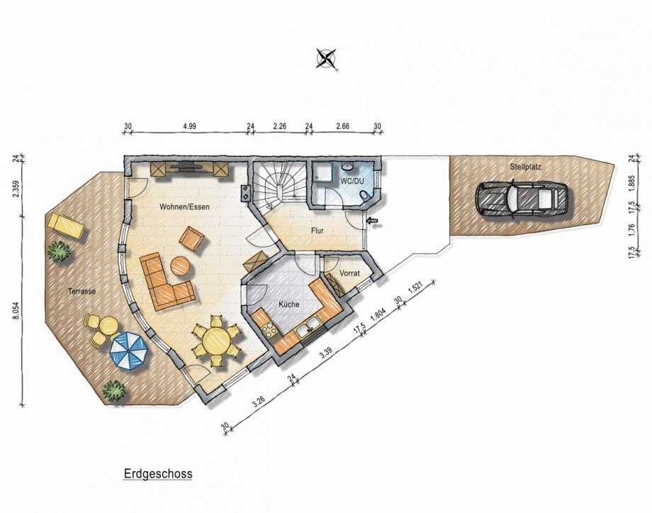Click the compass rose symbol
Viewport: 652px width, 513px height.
[327, 58]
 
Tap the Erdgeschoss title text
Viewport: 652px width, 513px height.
[158, 474]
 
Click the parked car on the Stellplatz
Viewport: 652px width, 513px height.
[522, 198]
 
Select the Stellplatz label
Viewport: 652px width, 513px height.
[526, 167]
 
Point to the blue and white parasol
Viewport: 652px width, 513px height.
[128, 350]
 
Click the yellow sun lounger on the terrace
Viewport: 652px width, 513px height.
[67, 225]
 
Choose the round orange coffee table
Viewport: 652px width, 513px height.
[181, 265]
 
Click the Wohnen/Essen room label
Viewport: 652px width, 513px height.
[185, 207]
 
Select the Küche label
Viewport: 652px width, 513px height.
[289, 304]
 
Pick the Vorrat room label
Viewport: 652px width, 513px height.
[349, 274]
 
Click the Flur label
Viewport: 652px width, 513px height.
[317, 231]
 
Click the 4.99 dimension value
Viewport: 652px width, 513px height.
[189, 126]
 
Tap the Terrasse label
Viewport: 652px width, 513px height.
[82, 292]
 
